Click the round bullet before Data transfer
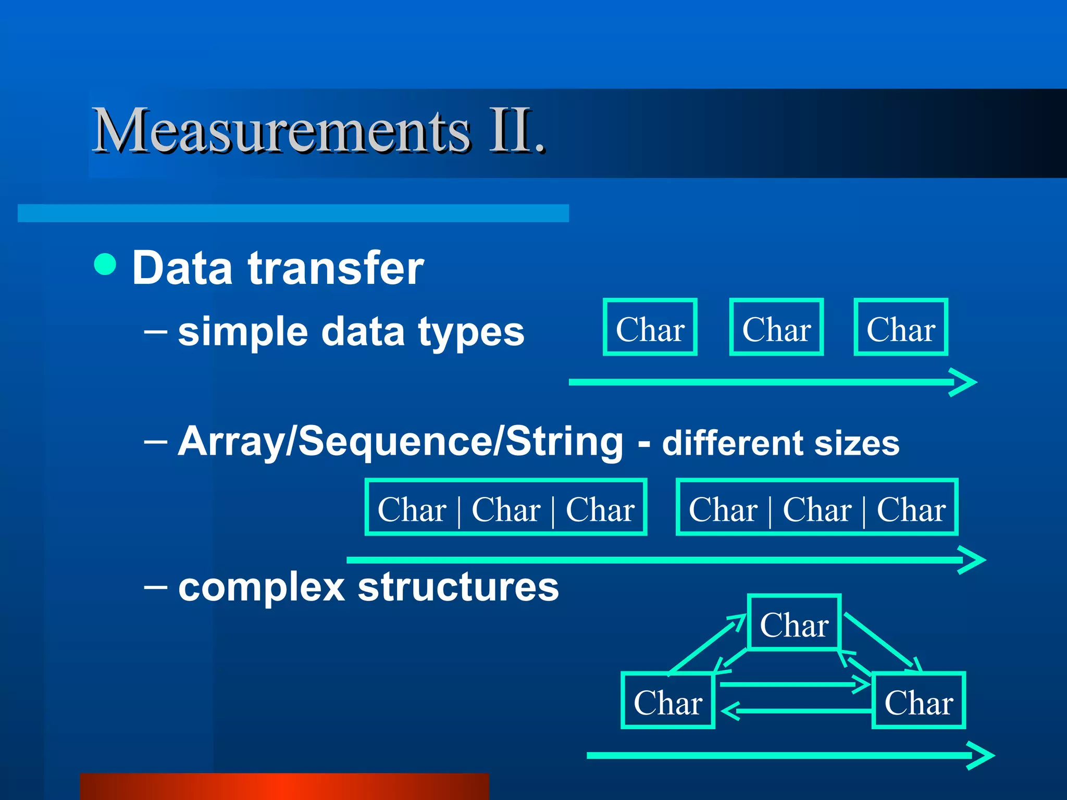(x=105, y=264)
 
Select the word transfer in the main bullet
(x=336, y=268)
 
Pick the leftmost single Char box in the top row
(x=650, y=328)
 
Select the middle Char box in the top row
(x=776, y=328)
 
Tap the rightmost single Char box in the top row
(x=901, y=328)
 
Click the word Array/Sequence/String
(x=400, y=442)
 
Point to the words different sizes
(x=780, y=443)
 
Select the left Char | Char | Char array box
(x=505, y=507)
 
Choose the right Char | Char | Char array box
(x=817, y=507)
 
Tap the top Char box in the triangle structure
(x=794, y=623)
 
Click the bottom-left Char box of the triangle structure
(x=667, y=701)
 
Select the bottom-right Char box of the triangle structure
(x=919, y=701)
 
